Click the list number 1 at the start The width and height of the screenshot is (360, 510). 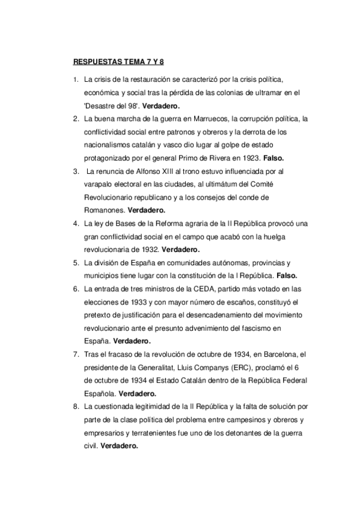click(x=75, y=79)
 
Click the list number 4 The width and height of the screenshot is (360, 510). click(x=75, y=224)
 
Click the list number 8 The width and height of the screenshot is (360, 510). click(x=75, y=407)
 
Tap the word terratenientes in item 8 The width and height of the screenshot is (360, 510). click(x=153, y=434)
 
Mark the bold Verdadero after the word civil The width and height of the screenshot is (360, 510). click(x=120, y=447)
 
